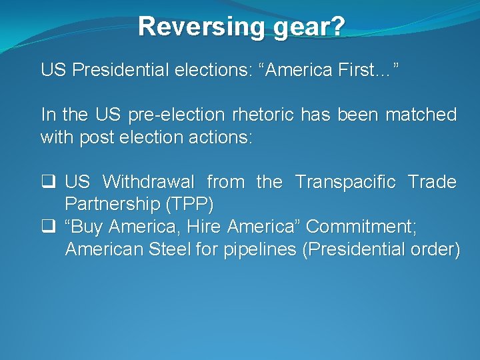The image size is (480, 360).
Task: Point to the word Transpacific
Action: click(x=345, y=182)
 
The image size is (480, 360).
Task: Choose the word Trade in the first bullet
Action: click(x=432, y=182)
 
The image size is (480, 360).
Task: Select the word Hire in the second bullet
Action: click(x=203, y=227)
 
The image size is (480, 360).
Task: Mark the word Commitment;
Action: click(x=361, y=227)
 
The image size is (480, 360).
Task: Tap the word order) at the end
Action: click(x=435, y=250)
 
